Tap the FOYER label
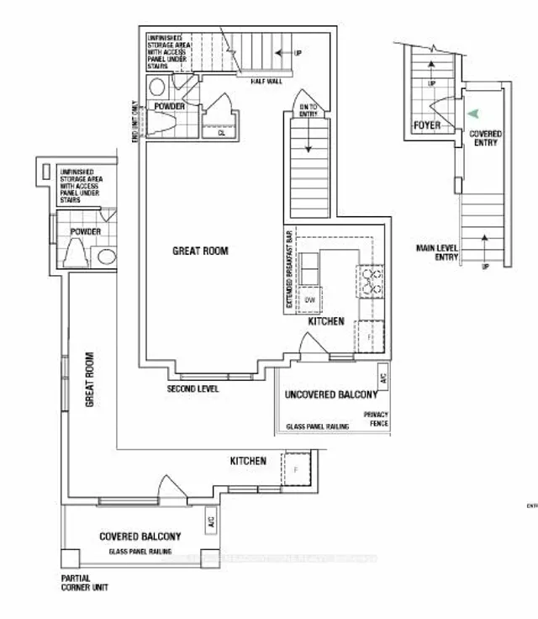[426, 126]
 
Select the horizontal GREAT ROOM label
[200, 251]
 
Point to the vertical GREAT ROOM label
[88, 379]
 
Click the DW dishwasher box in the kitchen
[309, 299]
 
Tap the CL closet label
[221, 133]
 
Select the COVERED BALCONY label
[140, 537]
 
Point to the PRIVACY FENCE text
[376, 420]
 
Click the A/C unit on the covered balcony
[209, 524]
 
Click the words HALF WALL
[265, 81]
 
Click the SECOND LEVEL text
[193, 389]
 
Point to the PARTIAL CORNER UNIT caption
[84, 583]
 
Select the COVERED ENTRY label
[485, 138]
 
